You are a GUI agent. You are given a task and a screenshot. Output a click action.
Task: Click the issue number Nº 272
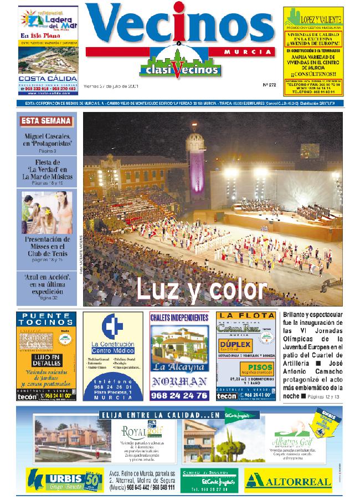(269, 85)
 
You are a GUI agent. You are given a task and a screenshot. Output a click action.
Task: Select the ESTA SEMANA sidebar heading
(47, 121)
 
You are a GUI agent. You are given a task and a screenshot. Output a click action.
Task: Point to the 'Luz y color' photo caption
(202, 288)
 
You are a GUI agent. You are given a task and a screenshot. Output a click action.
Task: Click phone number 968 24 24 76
(179, 395)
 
